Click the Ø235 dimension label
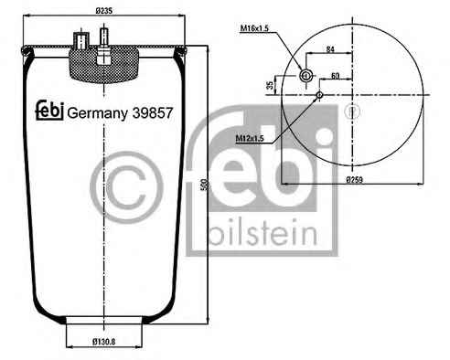click(104, 11)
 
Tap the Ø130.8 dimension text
click(104, 342)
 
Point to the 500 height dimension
click(207, 185)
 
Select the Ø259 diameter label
click(355, 180)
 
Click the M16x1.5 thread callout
click(254, 28)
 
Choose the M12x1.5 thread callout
click(250, 139)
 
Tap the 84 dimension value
click(330, 48)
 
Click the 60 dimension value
click(335, 75)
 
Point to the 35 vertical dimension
click(270, 85)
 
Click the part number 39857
click(153, 113)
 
